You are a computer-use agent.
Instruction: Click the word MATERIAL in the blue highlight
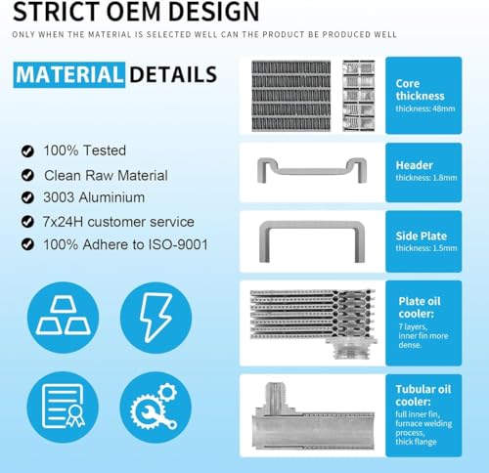68,74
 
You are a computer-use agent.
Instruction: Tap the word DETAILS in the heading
173,74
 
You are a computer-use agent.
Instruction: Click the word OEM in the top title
134,12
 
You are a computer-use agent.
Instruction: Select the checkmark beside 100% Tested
27,150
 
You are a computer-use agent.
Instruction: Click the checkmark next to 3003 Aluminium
27,197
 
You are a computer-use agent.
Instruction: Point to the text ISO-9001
178,244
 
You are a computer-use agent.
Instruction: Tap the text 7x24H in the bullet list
63,222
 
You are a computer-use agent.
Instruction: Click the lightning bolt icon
156,317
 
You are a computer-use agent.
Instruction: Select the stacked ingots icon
64,316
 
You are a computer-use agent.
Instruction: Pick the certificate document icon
64,407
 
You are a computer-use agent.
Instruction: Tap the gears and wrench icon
155,407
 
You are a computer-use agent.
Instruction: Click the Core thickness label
420,90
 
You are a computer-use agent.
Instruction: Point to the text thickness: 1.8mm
426,178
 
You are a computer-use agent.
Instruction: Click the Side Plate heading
421,236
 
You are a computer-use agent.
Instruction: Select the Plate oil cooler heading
420,307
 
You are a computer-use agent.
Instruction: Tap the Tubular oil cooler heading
423,395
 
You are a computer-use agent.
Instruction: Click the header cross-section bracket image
312,171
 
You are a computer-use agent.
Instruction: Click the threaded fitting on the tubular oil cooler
275,394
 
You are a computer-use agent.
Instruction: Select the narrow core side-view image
359,96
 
